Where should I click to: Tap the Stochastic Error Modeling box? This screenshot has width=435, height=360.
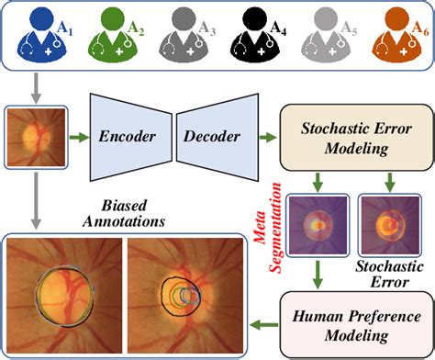(x=352, y=138)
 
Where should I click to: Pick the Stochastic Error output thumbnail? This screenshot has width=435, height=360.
(x=384, y=223)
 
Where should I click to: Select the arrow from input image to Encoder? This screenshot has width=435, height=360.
(x=76, y=138)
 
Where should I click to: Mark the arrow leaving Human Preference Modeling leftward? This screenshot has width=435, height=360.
(x=262, y=321)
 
